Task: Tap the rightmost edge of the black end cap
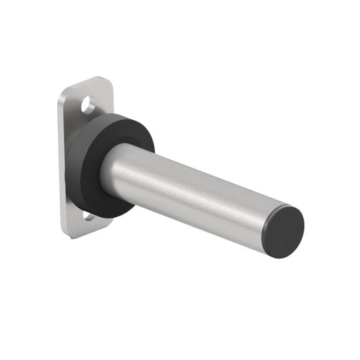tap(304, 227)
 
